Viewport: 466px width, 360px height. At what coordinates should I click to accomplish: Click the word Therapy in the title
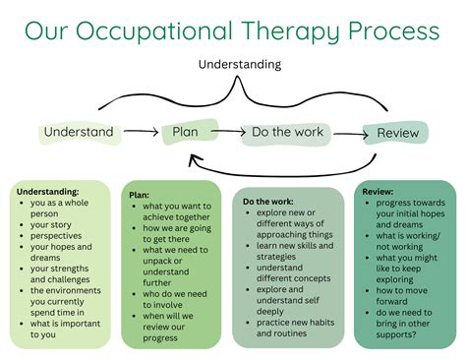tap(291, 31)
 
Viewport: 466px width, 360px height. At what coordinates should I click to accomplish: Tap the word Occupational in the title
tap(154, 31)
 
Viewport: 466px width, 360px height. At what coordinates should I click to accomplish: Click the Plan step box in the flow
tap(190, 132)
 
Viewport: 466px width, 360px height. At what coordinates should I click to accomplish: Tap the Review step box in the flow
tap(395, 133)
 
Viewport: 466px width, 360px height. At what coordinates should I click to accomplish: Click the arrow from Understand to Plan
tap(141, 132)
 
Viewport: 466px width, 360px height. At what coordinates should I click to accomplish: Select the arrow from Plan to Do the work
tap(228, 132)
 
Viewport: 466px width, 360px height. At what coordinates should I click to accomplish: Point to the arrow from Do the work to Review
tap(351, 134)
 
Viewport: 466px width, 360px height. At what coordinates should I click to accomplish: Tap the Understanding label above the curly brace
tap(240, 65)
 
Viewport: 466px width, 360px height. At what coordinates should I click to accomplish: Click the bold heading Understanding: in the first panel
tap(48, 192)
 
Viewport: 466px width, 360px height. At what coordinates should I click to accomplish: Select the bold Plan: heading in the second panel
tap(139, 195)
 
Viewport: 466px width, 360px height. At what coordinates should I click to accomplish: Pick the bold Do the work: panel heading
tap(268, 202)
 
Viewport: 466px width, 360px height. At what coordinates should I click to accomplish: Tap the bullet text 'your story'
tap(51, 225)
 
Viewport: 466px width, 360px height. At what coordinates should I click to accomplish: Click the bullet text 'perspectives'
tap(56, 236)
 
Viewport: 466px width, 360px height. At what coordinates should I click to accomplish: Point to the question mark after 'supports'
tap(414, 334)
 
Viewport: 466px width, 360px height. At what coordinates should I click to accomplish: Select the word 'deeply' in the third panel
tap(270, 312)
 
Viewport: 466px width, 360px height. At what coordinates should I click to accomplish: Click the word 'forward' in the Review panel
tap(391, 301)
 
